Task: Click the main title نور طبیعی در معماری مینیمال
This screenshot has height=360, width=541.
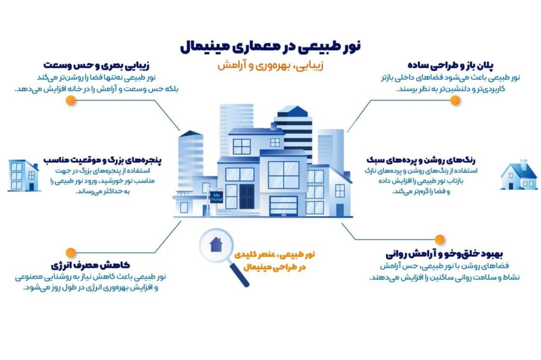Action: coord(270,47)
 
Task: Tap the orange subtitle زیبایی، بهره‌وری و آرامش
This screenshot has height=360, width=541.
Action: coord(270,65)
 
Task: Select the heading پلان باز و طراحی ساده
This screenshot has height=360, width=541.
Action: coord(451,65)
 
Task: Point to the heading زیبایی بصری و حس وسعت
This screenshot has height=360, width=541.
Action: coord(96,65)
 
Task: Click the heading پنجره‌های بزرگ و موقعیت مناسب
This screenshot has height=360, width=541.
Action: coord(102,160)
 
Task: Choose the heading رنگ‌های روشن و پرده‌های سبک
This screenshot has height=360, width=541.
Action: coord(421,160)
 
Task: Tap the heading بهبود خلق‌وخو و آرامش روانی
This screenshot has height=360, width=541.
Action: coord(444,254)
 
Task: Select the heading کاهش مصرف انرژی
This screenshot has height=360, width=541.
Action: coord(90,265)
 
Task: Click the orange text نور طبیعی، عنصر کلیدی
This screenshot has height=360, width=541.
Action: coord(274,254)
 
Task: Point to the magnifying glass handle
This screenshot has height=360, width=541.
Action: coord(239,275)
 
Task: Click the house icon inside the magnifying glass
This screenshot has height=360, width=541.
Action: coord(216,244)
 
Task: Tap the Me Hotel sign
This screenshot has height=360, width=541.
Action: coord(216,197)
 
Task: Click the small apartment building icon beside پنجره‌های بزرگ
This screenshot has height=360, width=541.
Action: coord(23,175)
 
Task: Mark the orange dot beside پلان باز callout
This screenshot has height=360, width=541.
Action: coord(455,100)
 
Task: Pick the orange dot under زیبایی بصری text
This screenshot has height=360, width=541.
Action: coord(71,100)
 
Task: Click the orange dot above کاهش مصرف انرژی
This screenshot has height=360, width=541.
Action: coord(71,253)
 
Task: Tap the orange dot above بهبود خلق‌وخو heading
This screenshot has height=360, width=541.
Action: coord(440,239)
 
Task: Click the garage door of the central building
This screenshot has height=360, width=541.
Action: coord(284,206)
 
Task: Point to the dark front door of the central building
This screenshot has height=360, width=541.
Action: coord(247,196)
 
